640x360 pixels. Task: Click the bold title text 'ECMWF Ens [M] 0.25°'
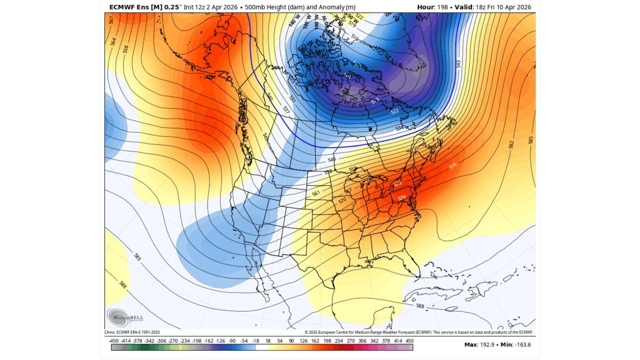(141, 7)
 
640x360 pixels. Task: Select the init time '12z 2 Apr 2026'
(213, 7)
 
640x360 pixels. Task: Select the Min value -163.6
(523, 344)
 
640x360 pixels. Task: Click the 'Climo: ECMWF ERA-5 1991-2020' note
(132, 332)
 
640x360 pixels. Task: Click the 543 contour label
(458, 64)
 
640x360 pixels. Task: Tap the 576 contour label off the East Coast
(453, 165)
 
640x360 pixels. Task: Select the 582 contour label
(511, 144)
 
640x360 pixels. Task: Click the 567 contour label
(111, 20)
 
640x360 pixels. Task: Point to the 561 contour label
(315, 193)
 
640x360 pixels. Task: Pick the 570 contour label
(342, 200)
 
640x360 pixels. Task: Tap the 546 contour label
(331, 159)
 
